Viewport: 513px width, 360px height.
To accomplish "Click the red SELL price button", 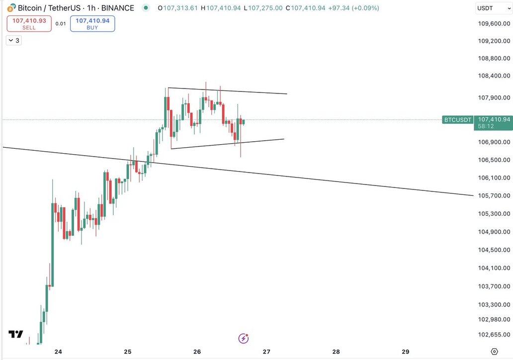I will click(29, 23).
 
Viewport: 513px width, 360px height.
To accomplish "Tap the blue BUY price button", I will click(92, 23).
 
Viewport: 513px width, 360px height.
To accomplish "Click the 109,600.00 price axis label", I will click(494, 23).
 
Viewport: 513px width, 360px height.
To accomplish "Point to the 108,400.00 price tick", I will click(494, 76).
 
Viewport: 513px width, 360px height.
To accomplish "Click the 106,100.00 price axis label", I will click(494, 178).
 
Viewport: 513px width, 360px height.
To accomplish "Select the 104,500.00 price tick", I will click(494, 250).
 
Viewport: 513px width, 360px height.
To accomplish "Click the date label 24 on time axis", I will click(58, 352).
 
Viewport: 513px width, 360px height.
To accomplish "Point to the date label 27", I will click(266, 352).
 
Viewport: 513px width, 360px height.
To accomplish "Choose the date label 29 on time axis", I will click(405, 352).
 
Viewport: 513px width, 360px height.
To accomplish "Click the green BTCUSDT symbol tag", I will click(457, 120).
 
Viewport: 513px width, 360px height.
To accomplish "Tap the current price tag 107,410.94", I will click(494, 119).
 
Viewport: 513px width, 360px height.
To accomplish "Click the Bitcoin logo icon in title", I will click(10, 8).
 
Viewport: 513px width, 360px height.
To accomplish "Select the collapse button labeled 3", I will click(14, 40).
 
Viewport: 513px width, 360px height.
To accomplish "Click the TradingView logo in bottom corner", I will click(16, 334).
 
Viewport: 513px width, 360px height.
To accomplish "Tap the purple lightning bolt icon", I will click(244, 339).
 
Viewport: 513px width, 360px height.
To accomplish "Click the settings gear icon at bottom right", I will click(494, 351).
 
